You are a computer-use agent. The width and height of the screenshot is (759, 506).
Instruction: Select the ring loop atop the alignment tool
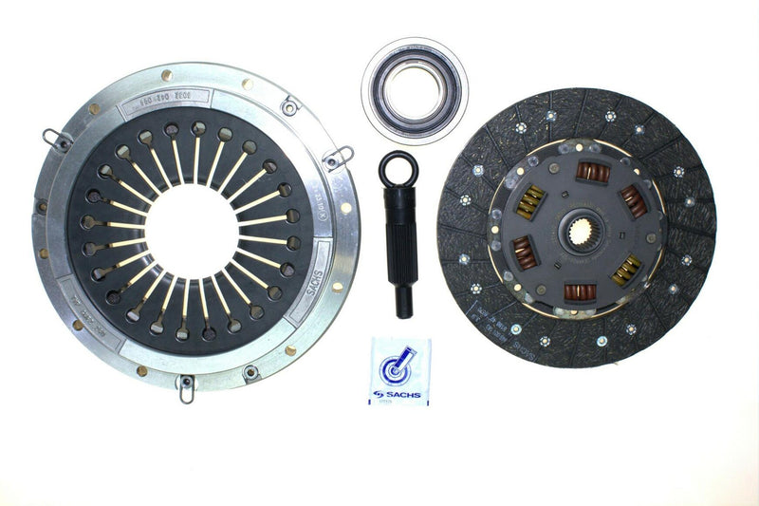[x=398, y=169]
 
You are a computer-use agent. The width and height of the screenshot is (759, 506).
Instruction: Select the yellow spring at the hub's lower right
[x=625, y=270]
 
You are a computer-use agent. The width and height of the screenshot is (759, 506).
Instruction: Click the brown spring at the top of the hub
[x=593, y=173]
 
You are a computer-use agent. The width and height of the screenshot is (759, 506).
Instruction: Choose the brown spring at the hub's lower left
[x=525, y=253]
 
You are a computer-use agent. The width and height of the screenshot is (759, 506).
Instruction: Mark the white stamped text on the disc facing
[x=484, y=285]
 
